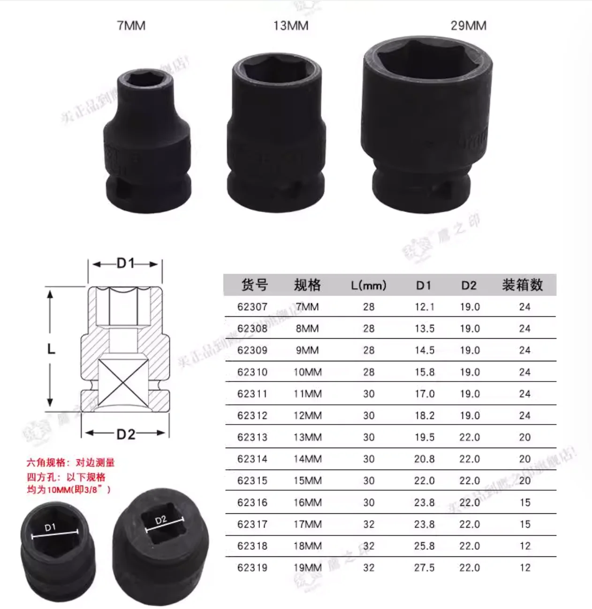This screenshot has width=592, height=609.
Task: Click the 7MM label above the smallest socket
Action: tap(131, 25)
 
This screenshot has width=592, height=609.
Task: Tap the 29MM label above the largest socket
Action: tap(468, 25)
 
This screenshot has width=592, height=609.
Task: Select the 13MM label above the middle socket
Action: tap(291, 25)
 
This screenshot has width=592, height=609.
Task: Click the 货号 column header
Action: tap(254, 285)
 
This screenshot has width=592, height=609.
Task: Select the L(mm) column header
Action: tap(369, 285)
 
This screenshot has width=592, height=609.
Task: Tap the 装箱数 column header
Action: tap(522, 285)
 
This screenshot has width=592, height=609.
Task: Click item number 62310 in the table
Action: tap(252, 372)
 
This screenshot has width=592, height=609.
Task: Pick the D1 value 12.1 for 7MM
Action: tap(424, 307)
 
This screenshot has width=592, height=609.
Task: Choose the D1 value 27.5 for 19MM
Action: tap(424, 568)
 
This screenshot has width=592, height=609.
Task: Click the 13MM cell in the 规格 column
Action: tap(308, 437)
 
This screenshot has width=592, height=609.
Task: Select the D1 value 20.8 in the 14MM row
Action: tap(424, 459)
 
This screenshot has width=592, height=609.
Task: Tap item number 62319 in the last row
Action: tap(252, 568)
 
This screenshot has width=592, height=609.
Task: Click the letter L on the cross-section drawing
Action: tap(51, 349)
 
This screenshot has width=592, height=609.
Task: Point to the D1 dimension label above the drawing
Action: tap(125, 264)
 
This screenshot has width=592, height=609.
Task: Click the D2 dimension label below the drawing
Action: tap(126, 434)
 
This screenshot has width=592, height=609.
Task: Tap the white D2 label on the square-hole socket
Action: tap(161, 520)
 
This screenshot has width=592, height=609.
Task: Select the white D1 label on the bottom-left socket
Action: tap(50, 527)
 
